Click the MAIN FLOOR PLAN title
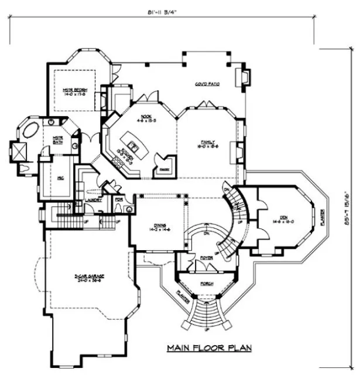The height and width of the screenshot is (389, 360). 209,348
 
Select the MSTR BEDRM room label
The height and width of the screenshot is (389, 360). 75,91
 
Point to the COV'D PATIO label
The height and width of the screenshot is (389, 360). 207,84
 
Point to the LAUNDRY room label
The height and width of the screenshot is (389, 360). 94,200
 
